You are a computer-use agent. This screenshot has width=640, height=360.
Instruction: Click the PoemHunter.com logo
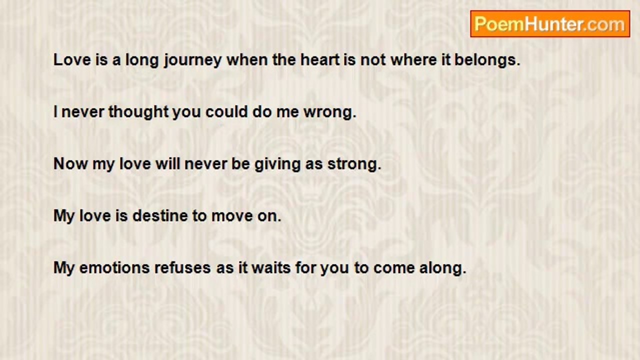pos(550,24)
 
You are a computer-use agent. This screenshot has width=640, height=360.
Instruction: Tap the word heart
pos(320,60)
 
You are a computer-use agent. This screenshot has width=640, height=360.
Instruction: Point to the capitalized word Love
pos(72,60)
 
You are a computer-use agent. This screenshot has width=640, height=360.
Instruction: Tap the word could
pos(226,111)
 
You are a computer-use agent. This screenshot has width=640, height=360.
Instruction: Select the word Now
pos(70,164)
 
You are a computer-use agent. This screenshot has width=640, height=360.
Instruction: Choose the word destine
pos(160,215)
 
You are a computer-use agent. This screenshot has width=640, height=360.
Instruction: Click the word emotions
pos(114,268)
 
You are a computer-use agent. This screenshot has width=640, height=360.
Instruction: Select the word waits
pos(271,268)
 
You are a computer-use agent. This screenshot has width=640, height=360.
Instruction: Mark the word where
pos(413,60)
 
